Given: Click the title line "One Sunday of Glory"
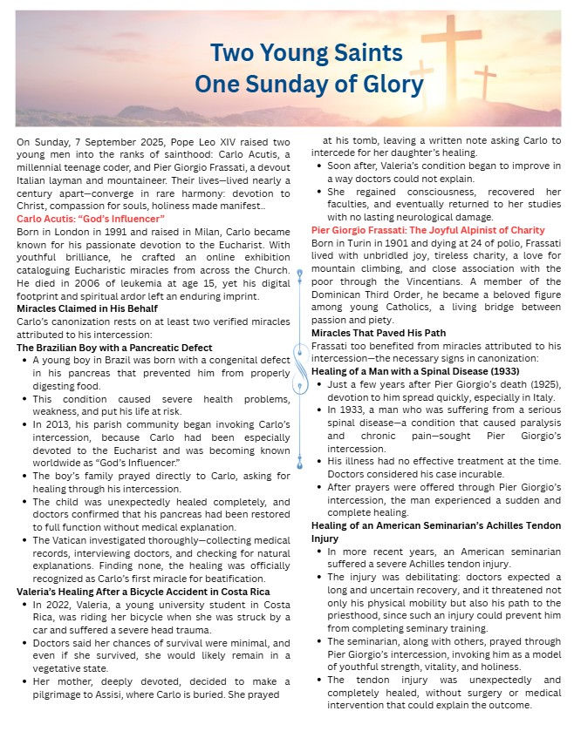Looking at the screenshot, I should tap(309, 84).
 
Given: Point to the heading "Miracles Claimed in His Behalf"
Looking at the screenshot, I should tap(86, 308).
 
